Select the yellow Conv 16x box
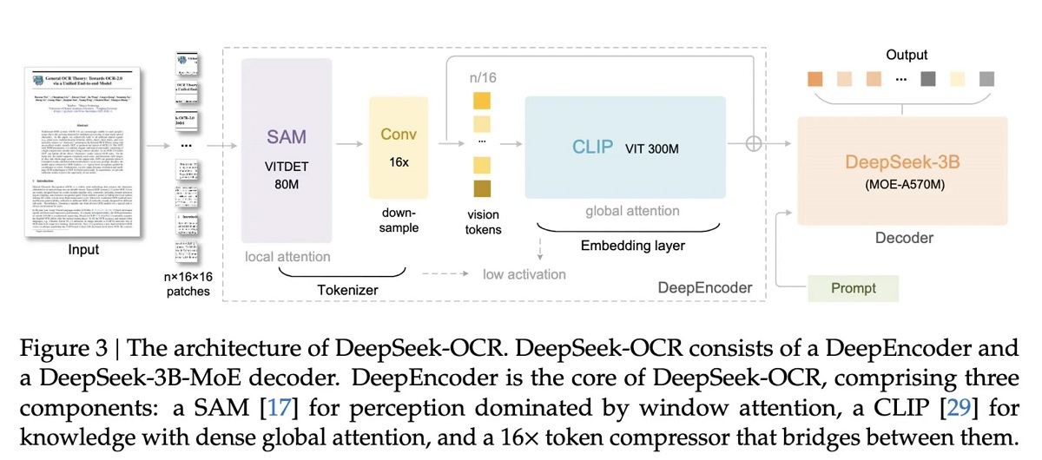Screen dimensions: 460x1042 tap(399, 148)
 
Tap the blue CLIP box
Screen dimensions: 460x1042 tap(624, 148)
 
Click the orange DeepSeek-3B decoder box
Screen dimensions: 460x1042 tap(902, 169)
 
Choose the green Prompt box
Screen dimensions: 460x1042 tap(854, 288)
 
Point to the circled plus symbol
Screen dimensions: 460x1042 tap(754, 144)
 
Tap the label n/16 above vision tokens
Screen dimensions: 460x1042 tap(483, 77)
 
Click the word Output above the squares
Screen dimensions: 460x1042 tap(907, 55)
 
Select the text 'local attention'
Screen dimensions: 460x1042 tap(287, 256)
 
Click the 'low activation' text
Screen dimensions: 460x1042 tap(524, 274)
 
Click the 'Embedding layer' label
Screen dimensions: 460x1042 tap(632, 246)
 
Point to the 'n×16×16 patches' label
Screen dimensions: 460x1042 tap(188, 284)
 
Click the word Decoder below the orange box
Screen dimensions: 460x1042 tap(903, 237)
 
